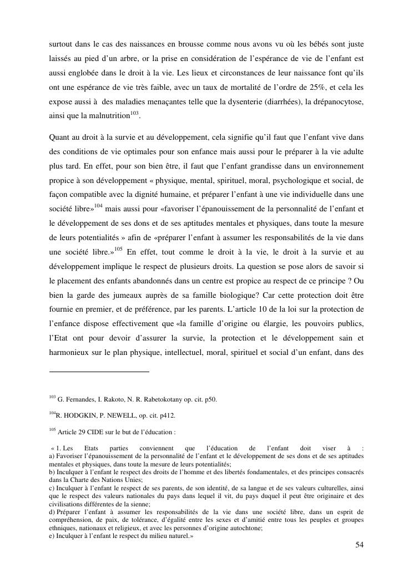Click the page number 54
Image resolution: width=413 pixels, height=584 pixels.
359,545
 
